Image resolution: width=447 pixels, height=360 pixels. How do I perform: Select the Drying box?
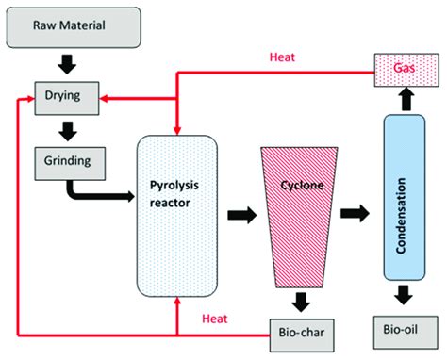62,96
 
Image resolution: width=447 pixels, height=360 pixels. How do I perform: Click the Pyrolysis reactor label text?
177,186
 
